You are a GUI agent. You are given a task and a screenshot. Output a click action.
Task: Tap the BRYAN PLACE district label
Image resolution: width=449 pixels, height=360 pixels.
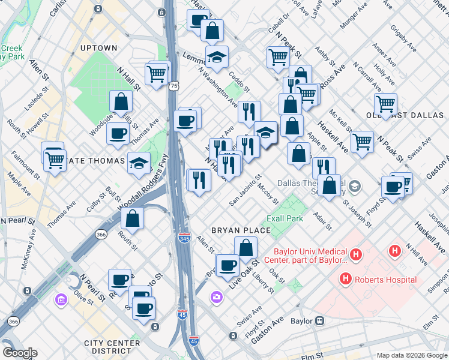[234, 230]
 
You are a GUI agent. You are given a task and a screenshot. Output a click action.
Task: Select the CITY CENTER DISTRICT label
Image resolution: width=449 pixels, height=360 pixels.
[112, 347]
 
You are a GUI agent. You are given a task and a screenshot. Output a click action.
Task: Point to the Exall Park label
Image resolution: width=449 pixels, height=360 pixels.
[286, 218]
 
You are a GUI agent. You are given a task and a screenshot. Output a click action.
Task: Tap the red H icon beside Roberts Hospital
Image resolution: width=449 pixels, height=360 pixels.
[345, 279]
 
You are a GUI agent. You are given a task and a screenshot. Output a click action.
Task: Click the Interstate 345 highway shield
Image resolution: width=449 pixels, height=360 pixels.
[185, 239]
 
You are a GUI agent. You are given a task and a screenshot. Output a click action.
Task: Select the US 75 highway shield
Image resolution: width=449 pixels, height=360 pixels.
[173, 86]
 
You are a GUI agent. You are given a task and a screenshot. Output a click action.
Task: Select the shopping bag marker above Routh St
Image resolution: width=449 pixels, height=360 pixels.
[133, 219]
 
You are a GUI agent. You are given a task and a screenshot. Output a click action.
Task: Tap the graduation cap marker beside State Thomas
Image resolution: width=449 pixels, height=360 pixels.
[139, 162]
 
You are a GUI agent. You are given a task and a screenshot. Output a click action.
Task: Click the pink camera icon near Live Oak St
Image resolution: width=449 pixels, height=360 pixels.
[216, 296]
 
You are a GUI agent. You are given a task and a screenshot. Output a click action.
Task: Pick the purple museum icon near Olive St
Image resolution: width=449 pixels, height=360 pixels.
[61, 299]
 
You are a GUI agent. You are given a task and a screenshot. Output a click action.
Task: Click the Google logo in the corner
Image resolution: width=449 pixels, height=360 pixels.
[20, 353]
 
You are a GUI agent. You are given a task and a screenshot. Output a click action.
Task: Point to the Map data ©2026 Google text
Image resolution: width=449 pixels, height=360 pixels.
[411, 355]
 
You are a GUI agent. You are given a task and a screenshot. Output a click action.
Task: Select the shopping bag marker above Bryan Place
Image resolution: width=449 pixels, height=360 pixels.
[246, 247]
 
